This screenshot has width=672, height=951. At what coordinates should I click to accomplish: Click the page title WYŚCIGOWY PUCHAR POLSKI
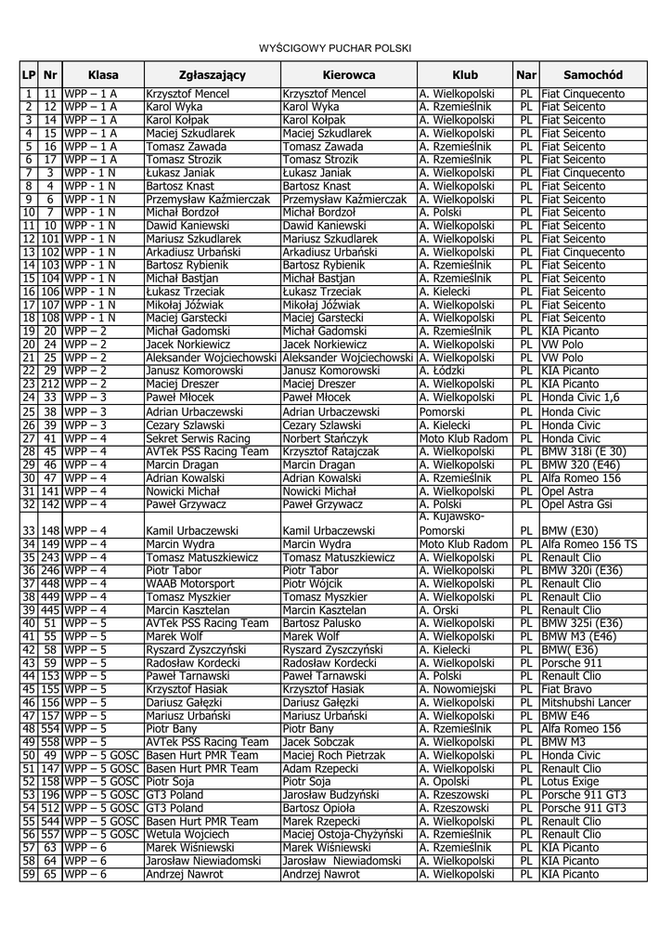[334, 47]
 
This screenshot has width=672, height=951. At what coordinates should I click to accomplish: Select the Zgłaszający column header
[212, 74]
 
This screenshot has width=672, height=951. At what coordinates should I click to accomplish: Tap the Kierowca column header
[349, 74]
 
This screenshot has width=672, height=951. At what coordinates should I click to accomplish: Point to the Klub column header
[465, 74]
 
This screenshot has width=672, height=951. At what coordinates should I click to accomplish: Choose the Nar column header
[526, 74]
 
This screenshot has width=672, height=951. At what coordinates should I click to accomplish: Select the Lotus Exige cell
[572, 781]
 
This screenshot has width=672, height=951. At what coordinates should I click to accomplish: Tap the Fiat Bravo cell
[565, 690]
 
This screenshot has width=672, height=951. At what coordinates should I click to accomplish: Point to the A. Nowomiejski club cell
[459, 690]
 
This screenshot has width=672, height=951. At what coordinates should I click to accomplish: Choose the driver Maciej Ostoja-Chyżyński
[346, 834]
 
